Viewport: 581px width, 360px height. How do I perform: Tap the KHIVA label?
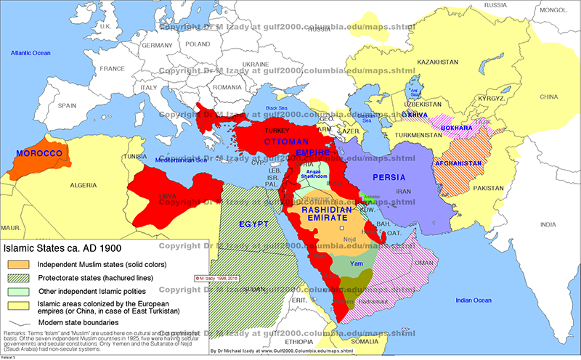click(x=414, y=115)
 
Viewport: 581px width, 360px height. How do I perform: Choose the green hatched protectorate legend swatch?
click(x=19, y=277)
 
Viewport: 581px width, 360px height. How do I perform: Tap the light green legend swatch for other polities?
click(x=19, y=292)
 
